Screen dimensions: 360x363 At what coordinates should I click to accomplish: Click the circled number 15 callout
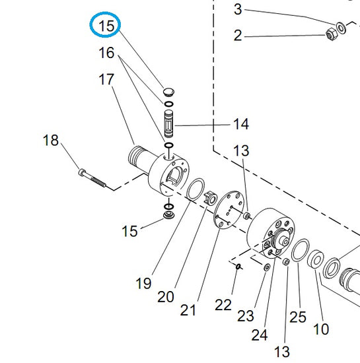tap(106, 26)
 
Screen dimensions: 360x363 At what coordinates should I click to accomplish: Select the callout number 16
tap(106, 53)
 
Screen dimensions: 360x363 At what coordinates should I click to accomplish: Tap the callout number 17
tap(106, 79)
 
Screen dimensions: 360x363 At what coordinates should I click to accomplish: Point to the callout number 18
tap(50, 140)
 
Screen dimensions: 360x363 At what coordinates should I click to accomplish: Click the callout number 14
tap(241, 124)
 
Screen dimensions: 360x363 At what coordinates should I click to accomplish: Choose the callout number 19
tap(143, 283)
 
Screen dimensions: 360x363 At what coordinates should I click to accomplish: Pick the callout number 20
tap(165, 297)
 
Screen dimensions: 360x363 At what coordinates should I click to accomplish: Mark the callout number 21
tap(188, 310)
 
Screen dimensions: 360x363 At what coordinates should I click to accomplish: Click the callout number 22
tap(223, 305)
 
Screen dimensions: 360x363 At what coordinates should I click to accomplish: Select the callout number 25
tap(298, 317)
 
